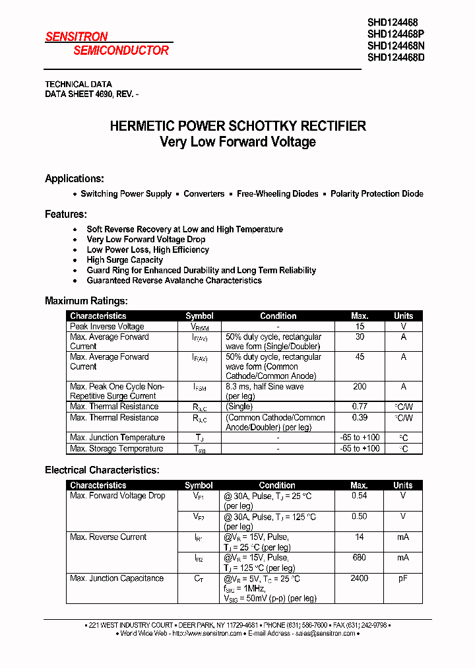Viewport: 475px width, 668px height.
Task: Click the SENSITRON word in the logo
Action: [77, 37]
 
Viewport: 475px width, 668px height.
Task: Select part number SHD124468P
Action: [396, 34]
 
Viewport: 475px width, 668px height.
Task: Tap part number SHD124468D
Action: [396, 57]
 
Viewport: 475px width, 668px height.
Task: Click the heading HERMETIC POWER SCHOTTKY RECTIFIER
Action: [237, 126]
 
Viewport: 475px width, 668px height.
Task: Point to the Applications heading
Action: [75, 179]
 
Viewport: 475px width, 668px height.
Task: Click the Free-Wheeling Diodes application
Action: [277, 194]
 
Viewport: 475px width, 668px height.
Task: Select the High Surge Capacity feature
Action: [125, 260]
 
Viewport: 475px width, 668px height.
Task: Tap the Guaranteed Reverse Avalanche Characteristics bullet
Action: [174, 281]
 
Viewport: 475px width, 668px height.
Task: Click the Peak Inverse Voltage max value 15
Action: [360, 327]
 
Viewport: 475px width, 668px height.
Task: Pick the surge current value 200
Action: [360, 387]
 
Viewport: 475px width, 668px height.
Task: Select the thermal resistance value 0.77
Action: [360, 407]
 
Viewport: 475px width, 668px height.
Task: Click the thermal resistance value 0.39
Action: [360, 418]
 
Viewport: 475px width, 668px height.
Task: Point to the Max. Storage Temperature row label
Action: [117, 449]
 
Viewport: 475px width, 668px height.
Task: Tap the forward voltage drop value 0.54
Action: [360, 496]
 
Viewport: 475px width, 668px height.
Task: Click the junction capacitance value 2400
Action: [360, 578]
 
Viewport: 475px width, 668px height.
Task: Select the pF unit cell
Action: [403, 578]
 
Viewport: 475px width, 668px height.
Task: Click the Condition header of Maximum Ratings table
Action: [278, 316]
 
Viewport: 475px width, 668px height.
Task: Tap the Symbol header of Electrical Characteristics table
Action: [199, 485]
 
